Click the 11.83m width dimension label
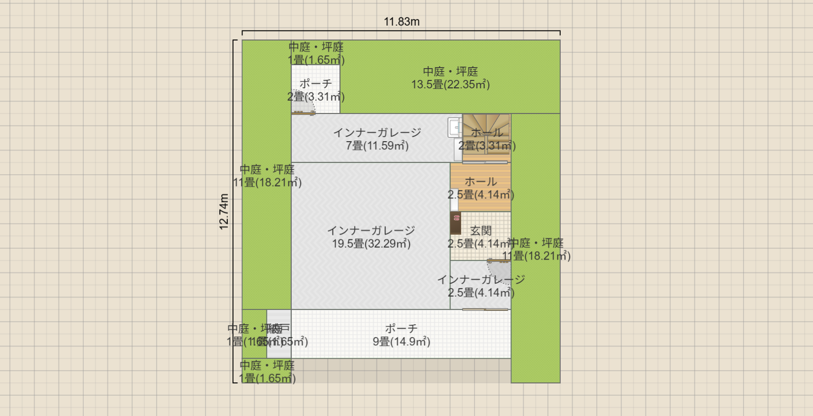point(402,22)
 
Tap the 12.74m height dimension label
point(224,211)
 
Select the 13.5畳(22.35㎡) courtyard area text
point(450,84)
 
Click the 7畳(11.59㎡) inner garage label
point(377,146)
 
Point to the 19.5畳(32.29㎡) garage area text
point(371,243)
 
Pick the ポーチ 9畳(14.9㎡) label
point(401,335)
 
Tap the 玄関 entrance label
point(480,230)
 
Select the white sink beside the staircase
point(454,127)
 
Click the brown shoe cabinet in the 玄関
point(456,223)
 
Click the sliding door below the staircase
point(485,162)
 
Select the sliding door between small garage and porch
point(485,309)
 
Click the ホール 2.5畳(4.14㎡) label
point(480,188)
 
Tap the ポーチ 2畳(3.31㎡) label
point(316,90)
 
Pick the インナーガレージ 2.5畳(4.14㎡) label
point(481,286)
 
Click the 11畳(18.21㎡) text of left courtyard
point(267,183)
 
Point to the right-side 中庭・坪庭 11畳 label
point(536,250)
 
